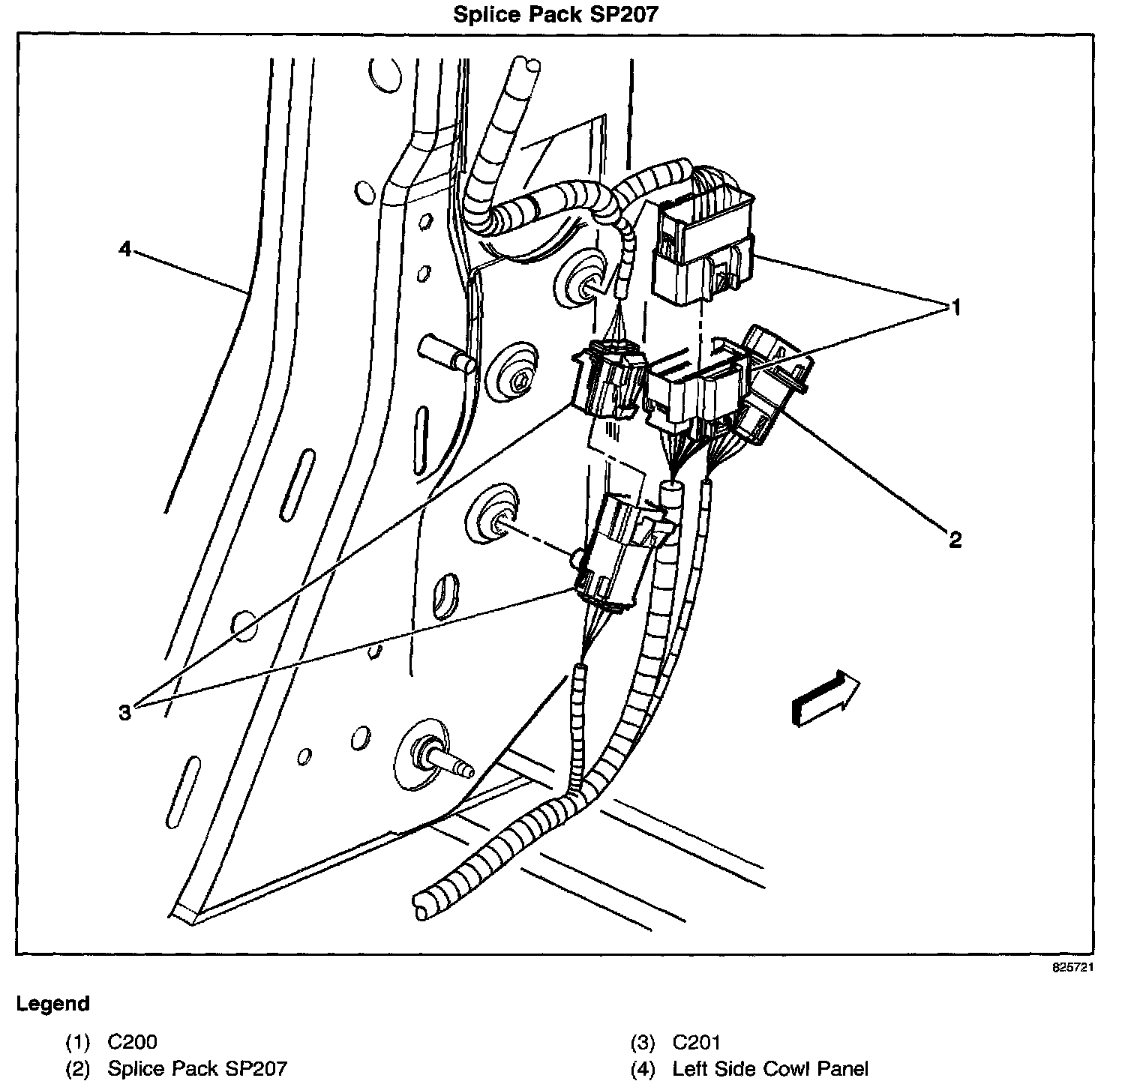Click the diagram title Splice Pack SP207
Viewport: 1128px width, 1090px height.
tap(555, 15)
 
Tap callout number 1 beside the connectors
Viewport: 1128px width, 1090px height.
tap(955, 307)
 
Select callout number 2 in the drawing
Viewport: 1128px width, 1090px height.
tap(955, 539)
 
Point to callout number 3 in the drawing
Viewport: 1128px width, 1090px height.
tap(124, 711)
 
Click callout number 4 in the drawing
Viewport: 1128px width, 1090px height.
tap(124, 248)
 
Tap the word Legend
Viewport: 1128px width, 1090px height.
tap(53, 1004)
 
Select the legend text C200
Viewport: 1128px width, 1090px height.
tap(133, 1041)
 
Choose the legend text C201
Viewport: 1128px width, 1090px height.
tap(697, 1041)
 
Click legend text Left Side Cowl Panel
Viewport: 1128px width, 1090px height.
tap(770, 1068)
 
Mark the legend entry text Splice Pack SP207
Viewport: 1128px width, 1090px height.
tap(197, 1068)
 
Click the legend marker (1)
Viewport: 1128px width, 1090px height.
tap(77, 1041)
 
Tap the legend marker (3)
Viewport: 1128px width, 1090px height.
tap(643, 1041)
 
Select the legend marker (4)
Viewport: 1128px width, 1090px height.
tap(643, 1068)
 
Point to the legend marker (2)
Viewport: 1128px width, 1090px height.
tap(77, 1068)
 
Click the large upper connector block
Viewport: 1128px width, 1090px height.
tap(703, 247)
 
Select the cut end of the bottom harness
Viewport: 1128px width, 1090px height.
tap(421, 902)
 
